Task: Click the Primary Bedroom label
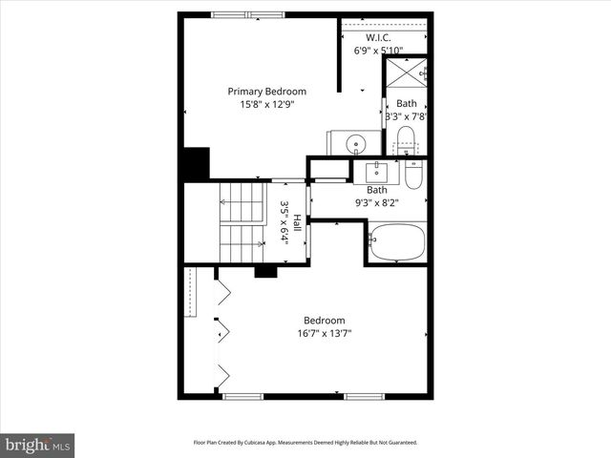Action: pyautogui.click(x=266, y=92)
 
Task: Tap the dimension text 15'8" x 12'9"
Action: pyautogui.click(x=266, y=105)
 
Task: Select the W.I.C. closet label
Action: pyautogui.click(x=378, y=39)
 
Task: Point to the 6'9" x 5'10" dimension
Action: pyautogui.click(x=378, y=51)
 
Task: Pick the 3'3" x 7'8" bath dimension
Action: pyautogui.click(x=406, y=116)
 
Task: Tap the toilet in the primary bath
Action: pyautogui.click(x=406, y=138)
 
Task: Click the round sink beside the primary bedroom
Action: pyautogui.click(x=356, y=144)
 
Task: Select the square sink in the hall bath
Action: pyautogui.click(x=376, y=171)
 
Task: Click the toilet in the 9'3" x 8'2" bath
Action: pyautogui.click(x=412, y=175)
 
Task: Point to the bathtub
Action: pyautogui.click(x=397, y=242)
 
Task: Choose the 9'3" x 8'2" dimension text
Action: pyautogui.click(x=376, y=202)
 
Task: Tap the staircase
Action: pyautogui.click(x=242, y=222)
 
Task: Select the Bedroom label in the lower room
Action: pyautogui.click(x=324, y=321)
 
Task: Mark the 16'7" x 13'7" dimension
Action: pyautogui.click(x=324, y=334)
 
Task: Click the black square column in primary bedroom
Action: pyautogui.click(x=196, y=163)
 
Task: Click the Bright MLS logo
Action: pyautogui.click(x=38, y=444)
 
